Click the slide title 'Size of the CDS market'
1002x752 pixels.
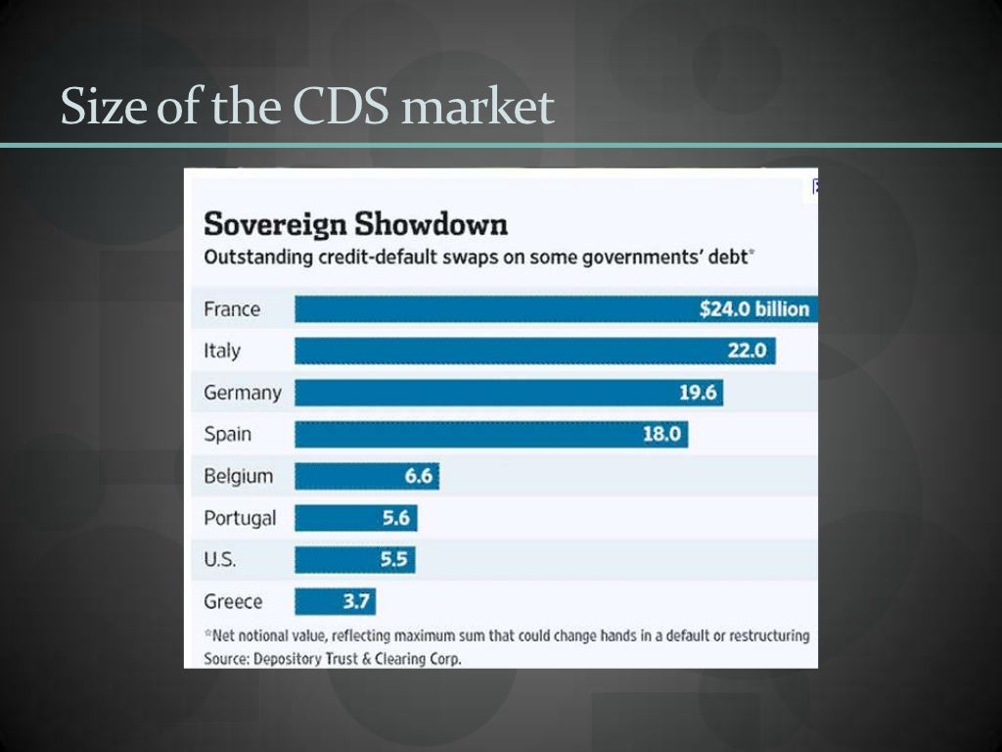point(307,106)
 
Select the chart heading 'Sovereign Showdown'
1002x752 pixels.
point(355,224)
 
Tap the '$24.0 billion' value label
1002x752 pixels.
point(754,309)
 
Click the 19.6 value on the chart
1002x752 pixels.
point(698,393)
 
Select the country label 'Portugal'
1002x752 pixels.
point(240,518)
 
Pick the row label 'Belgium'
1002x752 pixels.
point(238,476)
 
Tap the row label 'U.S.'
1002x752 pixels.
point(219,559)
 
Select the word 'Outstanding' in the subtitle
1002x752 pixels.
point(258,258)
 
